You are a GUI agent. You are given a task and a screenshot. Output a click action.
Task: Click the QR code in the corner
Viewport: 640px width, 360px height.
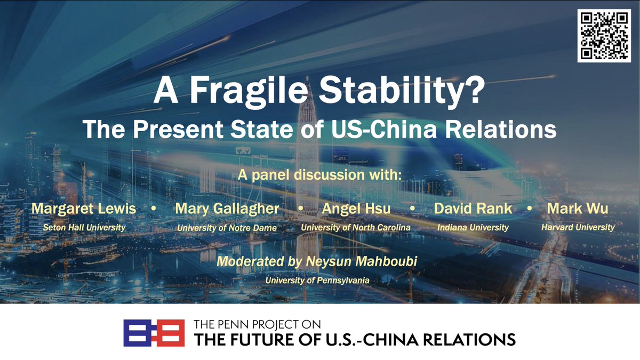pos(604,35)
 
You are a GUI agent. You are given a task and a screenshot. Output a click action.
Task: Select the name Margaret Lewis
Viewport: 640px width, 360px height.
pos(84,209)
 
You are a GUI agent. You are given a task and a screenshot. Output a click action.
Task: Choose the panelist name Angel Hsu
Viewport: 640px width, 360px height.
pos(356,209)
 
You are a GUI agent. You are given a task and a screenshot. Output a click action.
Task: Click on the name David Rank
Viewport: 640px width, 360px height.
pos(473,209)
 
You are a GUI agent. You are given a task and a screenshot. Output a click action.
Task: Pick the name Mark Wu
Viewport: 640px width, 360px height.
pos(578,209)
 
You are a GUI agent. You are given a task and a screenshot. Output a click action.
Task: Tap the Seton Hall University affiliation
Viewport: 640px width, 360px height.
pos(84,227)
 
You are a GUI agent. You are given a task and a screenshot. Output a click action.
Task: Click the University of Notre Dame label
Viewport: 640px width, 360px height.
pos(227,228)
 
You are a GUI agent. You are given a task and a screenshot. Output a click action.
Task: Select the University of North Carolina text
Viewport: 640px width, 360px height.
pos(356,228)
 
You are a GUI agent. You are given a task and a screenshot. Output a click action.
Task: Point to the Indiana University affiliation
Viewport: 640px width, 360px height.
pos(473,228)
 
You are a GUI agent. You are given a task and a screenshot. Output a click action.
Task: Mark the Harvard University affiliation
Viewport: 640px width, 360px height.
pos(578,227)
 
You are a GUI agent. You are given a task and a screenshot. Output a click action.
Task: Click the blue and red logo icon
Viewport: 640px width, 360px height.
pos(154,333)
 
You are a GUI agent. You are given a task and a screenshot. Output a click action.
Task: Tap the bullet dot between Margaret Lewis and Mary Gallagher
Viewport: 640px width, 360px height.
pos(154,209)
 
